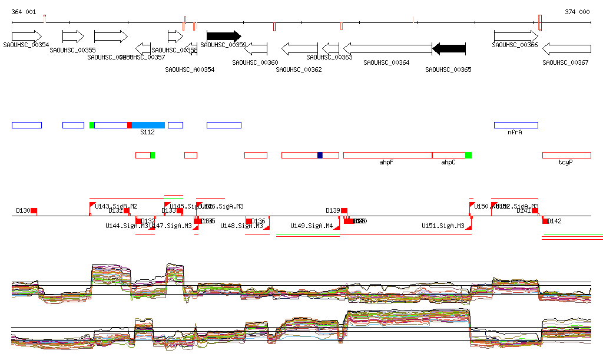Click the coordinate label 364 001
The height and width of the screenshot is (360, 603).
[24, 12]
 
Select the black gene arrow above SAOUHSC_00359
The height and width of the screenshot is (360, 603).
[224, 36]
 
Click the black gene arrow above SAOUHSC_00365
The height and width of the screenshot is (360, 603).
[449, 48]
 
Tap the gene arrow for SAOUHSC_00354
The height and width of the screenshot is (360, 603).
[26, 36]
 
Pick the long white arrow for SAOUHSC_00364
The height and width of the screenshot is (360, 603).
[387, 48]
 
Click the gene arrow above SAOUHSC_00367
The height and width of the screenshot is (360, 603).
[566, 48]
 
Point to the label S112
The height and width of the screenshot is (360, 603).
[147, 133]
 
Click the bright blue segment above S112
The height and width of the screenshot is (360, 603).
[148, 125]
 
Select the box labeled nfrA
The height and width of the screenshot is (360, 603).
[516, 125]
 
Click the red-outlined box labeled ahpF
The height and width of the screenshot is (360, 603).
[387, 155]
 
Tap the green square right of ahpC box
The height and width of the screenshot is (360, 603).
[469, 155]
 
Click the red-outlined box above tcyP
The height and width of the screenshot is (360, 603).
[566, 155]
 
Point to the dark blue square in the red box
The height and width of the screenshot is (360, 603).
[320, 155]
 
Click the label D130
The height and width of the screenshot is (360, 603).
[23, 210]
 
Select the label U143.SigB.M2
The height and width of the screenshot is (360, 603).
[116, 206]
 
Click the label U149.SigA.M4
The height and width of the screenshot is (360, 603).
[312, 226]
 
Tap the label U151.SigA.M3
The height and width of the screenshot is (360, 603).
[443, 226]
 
